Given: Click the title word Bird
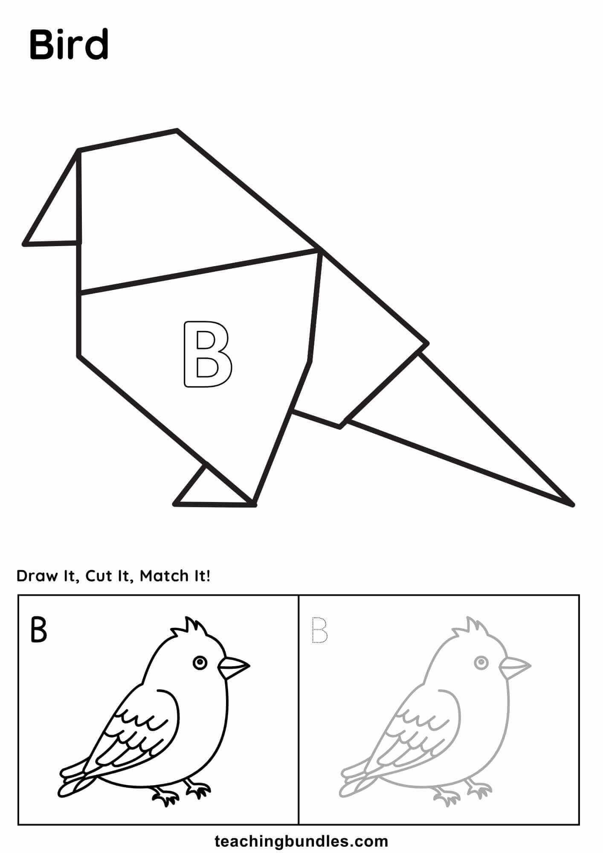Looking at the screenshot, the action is [69, 45].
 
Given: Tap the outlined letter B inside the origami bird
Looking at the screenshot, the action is [208, 354].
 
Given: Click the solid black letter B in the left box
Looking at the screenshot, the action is [38, 631].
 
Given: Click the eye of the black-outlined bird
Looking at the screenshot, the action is [200, 674].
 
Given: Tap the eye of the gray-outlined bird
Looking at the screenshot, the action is [481, 674].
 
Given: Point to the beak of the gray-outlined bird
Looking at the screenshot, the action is [515, 679].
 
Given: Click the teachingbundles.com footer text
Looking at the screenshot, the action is [301, 841].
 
